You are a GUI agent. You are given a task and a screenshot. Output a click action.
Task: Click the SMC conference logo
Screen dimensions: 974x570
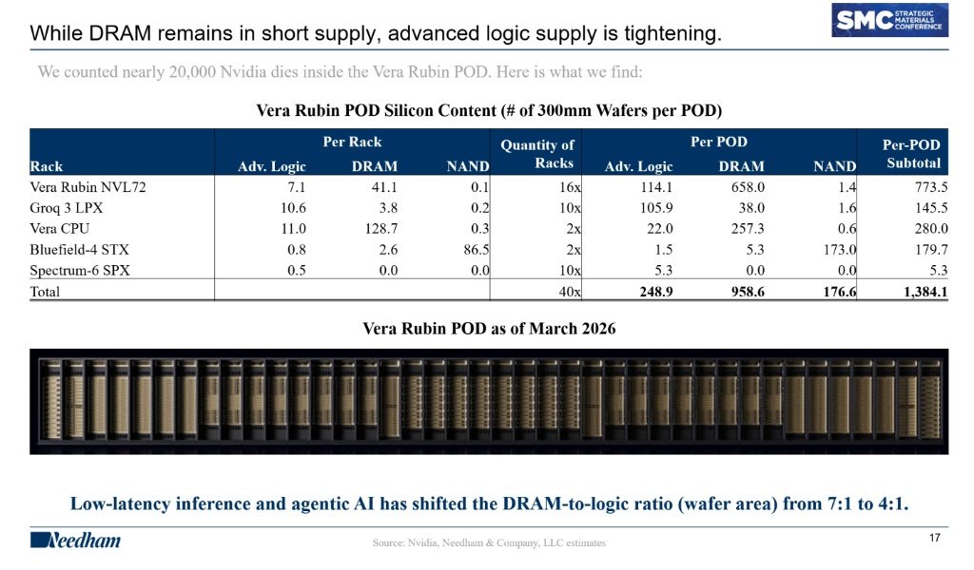coord(889,20)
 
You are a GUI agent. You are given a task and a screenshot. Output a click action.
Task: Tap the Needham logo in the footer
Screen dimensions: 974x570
coord(75,541)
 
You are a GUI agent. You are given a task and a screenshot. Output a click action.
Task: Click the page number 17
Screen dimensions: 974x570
coord(935,538)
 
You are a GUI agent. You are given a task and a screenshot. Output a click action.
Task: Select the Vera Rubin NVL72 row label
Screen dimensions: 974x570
coord(88,187)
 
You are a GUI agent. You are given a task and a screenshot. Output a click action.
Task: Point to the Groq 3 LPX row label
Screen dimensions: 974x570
coord(66,208)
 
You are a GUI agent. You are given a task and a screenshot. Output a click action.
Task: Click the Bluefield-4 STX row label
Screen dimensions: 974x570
coord(80,249)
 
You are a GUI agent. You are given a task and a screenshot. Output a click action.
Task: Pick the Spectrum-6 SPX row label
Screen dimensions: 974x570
coord(80,271)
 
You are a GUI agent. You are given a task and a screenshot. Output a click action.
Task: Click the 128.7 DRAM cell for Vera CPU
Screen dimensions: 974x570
coord(380,228)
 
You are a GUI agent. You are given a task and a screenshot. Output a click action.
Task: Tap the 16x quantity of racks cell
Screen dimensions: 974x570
coord(570,187)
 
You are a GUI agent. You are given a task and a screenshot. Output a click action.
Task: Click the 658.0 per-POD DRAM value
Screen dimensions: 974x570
coord(748,187)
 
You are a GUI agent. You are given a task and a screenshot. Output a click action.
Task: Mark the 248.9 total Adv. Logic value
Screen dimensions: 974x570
coord(656,292)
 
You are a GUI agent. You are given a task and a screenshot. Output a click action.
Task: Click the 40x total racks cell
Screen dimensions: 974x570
coord(570,292)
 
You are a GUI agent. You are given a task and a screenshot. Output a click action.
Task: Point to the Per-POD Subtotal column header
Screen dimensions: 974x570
coord(911,154)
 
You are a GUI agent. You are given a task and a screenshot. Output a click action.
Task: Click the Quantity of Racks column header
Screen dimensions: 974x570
coord(537,154)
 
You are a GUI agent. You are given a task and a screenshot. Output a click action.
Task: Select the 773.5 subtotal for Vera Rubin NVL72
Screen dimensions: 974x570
coord(931,187)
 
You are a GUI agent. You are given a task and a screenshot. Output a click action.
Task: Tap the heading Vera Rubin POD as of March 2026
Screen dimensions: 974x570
coord(489,328)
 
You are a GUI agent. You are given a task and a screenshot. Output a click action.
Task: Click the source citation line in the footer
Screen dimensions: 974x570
coord(489,542)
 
